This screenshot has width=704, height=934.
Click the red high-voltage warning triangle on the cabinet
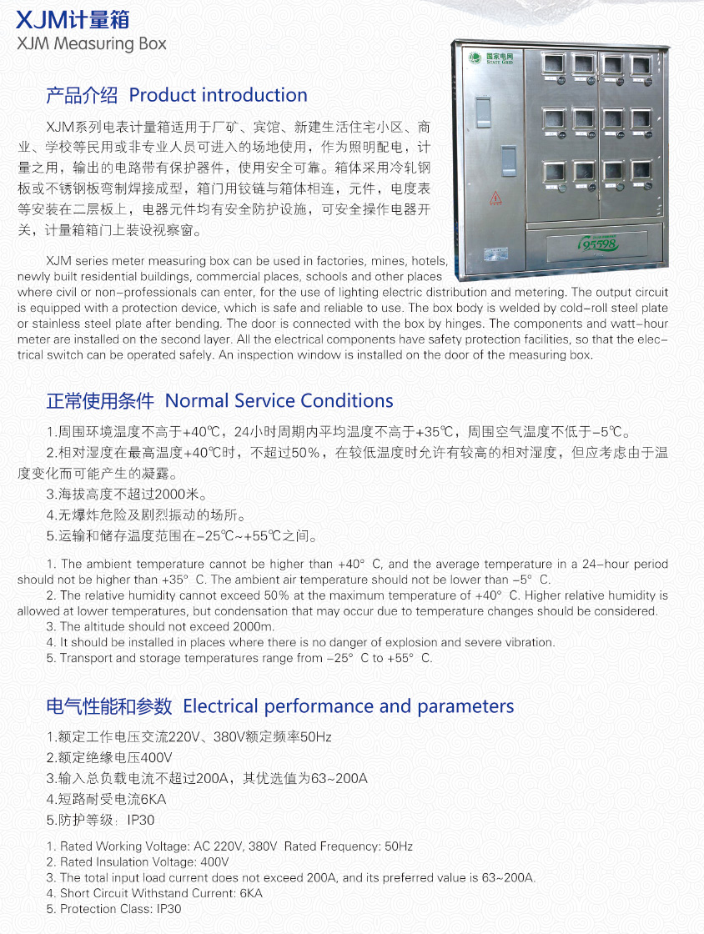click(495, 198)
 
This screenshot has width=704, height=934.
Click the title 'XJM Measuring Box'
click(92, 44)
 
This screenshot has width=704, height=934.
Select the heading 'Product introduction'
click(219, 95)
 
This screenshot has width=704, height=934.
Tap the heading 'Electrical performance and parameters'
click(349, 706)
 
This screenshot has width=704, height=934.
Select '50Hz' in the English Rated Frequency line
click(398, 846)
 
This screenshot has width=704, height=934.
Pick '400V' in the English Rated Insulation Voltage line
click(214, 862)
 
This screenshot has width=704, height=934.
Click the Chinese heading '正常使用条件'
click(100, 400)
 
